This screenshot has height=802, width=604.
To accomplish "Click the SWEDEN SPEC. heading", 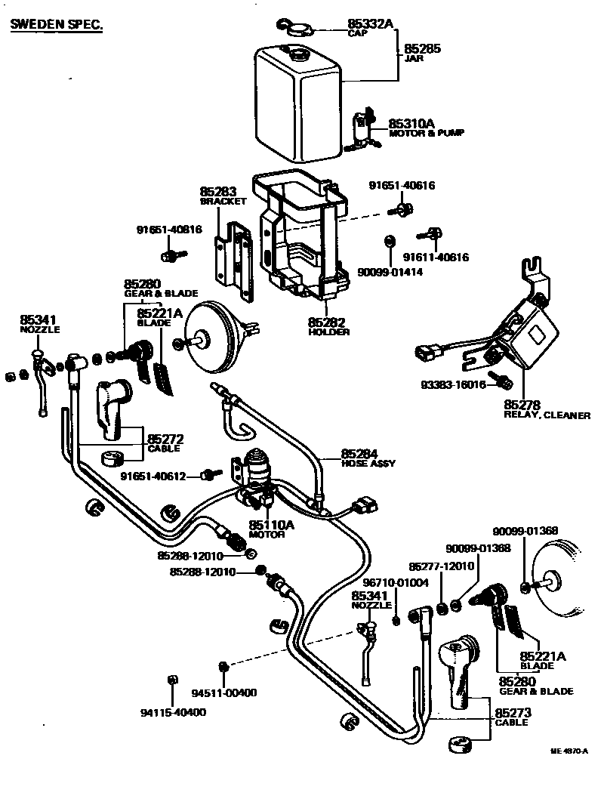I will tap(56, 25).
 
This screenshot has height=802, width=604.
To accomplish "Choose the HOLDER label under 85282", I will tap(328, 332).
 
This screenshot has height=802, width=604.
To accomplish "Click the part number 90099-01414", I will tap(390, 272).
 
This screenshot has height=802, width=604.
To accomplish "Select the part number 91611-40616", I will tap(436, 257).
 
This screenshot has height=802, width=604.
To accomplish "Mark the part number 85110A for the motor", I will tap(267, 525).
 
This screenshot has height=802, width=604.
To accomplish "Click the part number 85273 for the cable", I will tap(511, 713).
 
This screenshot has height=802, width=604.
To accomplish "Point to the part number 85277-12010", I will tap(441, 566).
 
